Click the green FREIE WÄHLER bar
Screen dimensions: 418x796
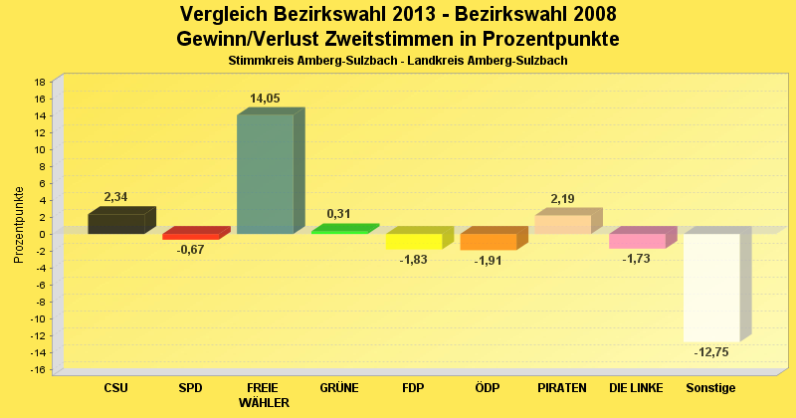[265, 174]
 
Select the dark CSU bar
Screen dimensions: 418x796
[116, 224]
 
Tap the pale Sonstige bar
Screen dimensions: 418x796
[710, 288]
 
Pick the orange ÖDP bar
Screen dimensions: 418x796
[488, 242]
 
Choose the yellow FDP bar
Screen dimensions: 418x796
[413, 242]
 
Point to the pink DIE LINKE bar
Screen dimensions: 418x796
[637, 241]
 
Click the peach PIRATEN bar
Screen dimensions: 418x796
[562, 224]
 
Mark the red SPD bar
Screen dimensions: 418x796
[190, 237]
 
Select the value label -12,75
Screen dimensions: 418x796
[710, 351]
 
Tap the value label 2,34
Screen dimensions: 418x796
[115, 197]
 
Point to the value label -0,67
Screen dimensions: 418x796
[190, 249]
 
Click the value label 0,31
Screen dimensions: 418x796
[339, 213]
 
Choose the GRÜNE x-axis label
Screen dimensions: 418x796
[339, 387]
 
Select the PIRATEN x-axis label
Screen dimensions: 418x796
[562, 387]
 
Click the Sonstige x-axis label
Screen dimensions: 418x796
[710, 387]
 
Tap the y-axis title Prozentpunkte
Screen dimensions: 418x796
[19, 225]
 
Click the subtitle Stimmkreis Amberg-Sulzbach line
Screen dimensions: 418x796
[398, 61]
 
